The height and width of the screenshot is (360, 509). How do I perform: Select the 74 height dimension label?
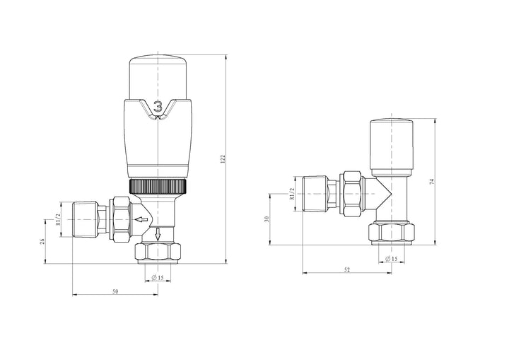click(431, 181)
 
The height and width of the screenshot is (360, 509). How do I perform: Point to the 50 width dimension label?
click(115, 291)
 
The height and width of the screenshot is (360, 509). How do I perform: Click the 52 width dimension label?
click(348, 269)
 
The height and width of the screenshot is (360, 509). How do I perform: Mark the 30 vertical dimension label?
click(267, 219)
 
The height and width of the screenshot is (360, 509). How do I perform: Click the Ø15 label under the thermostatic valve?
click(158, 277)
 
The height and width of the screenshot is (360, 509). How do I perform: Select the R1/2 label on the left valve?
click(59, 220)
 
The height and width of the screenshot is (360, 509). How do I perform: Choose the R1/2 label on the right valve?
click(291, 192)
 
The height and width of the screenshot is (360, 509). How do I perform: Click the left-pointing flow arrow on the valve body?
click(142, 220)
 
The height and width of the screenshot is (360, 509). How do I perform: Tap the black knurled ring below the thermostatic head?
click(158, 187)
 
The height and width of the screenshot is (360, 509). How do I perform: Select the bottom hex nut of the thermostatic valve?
click(158, 251)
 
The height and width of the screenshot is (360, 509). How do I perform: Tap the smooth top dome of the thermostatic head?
click(158, 75)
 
